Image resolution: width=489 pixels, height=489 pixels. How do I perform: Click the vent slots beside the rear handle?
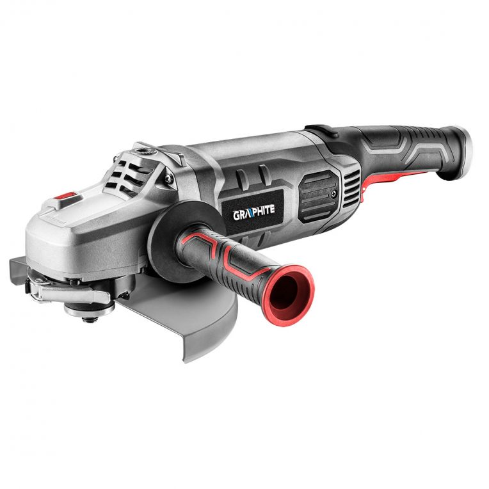tap(351, 186)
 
